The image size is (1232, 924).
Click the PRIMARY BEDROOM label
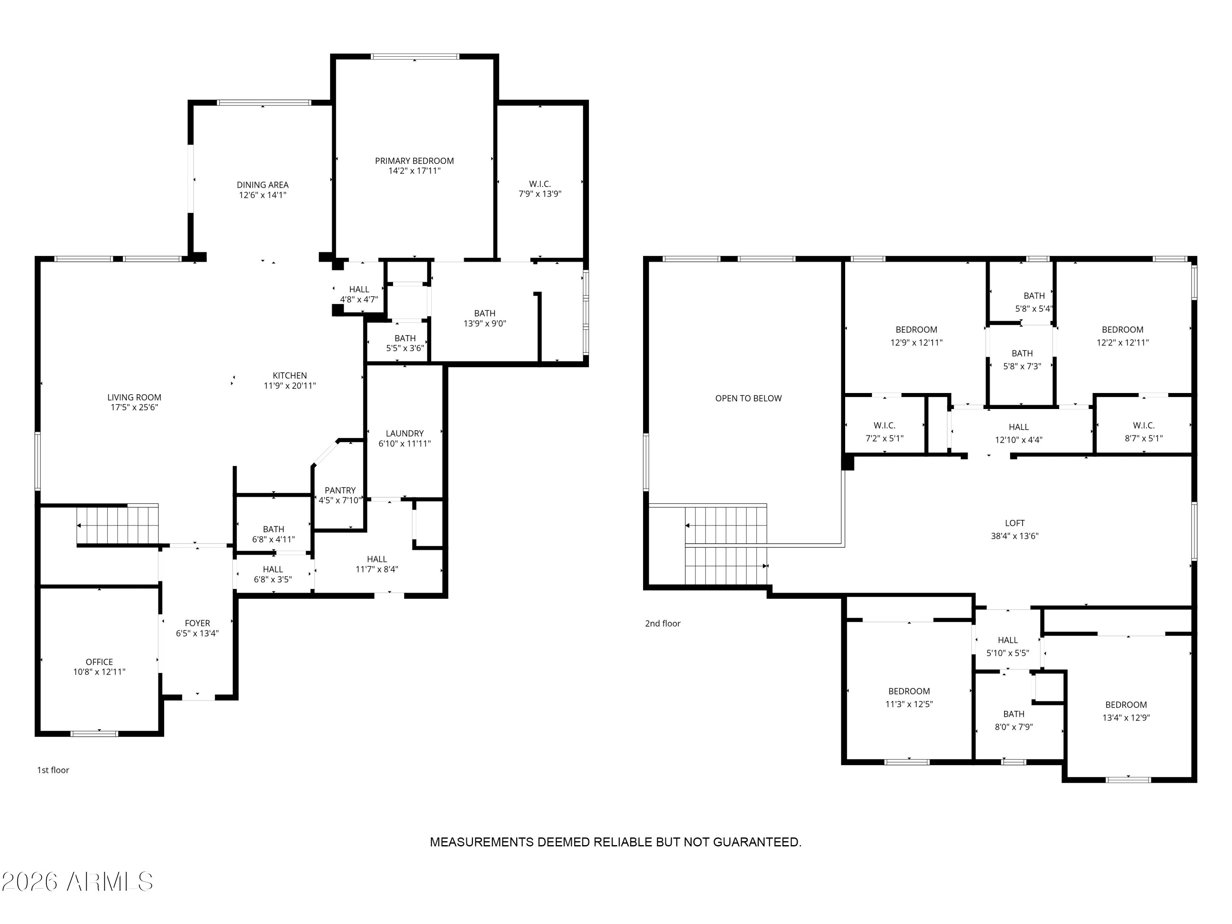414,161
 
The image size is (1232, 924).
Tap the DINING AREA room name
263,185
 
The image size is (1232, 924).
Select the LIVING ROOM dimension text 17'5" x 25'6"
134,407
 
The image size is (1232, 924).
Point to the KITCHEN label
290,375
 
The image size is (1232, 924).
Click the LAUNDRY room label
405,433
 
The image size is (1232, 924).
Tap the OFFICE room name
99,662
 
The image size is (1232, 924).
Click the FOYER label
197,623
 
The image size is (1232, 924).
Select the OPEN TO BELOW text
749,398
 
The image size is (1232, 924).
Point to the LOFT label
1015,523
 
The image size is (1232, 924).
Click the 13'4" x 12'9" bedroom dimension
1126,718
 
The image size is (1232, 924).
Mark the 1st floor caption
53,770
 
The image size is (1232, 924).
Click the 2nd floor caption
663,623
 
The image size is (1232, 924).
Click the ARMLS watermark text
78,882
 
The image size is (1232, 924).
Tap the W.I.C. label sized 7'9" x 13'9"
540,184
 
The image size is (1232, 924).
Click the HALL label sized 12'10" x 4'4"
1019,427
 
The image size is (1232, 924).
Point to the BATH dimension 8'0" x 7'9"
1014,727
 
